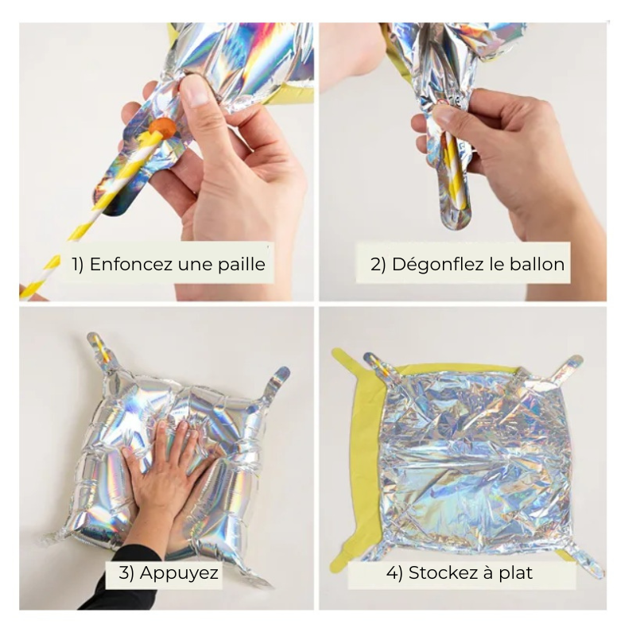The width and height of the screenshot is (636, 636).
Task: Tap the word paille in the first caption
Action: coord(242,266)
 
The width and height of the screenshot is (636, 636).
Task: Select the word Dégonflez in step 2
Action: coord(438,266)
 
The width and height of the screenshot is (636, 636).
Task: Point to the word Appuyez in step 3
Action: coord(179,573)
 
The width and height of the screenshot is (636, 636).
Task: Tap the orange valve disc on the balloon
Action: coord(162,129)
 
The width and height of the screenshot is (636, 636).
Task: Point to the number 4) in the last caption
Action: coord(394,573)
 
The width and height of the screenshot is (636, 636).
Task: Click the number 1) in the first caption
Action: coord(78,265)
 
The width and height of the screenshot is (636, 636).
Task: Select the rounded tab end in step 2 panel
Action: coord(456,217)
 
